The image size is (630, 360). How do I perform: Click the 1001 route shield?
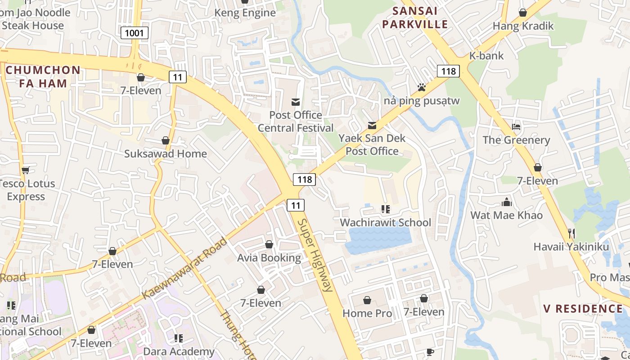tap(135, 32)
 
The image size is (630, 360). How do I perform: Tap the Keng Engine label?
tap(245, 13)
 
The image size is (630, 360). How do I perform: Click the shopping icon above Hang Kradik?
tap(522, 13)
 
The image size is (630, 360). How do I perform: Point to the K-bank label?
tap(486, 56)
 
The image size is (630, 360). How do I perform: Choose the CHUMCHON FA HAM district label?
tap(43, 76)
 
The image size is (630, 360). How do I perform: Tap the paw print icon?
tap(422, 87)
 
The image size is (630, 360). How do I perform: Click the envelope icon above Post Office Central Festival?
tap(296, 102)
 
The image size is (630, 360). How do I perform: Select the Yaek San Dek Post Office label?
tap(372, 144)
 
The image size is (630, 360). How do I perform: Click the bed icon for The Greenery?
tap(516, 127)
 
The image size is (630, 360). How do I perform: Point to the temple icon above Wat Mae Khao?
tap(507, 202)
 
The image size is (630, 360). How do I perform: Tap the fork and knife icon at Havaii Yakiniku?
tap(571, 233)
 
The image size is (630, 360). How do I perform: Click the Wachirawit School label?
tap(385, 222)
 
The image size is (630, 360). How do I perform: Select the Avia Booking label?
tap(269, 258)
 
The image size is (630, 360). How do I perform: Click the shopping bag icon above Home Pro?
tap(367, 300)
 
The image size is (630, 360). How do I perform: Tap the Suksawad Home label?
tap(166, 153)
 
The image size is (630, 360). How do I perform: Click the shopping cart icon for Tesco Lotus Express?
tap(26, 170)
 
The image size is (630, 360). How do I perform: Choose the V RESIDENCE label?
tap(583, 309)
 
